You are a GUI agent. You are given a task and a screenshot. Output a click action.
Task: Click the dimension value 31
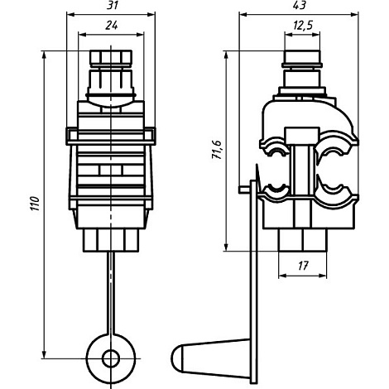tap(112, 5)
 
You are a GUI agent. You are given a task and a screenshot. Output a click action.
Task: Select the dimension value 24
tap(112, 25)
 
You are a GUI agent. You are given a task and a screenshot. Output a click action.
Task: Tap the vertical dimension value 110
tap(36, 204)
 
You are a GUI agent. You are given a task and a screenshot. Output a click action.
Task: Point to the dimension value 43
tap(300, 5)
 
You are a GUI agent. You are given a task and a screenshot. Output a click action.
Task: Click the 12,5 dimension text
tap(303, 25)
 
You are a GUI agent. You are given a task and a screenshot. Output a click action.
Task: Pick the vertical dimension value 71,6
tap(217, 150)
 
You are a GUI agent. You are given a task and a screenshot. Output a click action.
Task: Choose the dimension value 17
tap(303, 266)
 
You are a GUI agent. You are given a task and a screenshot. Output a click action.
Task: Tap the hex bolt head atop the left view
tap(111, 57)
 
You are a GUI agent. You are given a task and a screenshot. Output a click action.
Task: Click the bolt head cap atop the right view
tap(303, 56)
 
